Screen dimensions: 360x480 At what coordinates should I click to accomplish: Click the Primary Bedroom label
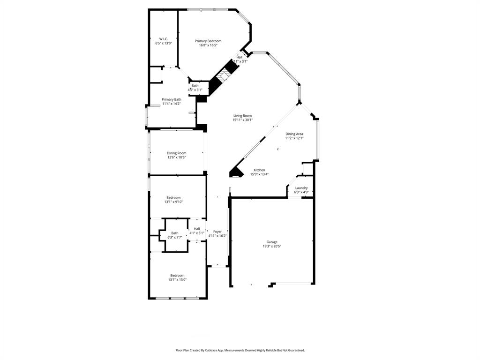pyautogui.click(x=208, y=41)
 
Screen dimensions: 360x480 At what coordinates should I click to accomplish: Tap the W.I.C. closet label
pyautogui.click(x=164, y=39)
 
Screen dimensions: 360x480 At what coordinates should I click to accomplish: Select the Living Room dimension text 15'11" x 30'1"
pyautogui.click(x=242, y=120)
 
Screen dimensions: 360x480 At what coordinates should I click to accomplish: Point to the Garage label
pyautogui.click(x=272, y=242)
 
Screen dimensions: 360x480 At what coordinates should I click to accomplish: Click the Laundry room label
pyautogui.click(x=301, y=187)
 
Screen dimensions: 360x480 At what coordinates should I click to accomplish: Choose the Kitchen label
pyautogui.click(x=259, y=170)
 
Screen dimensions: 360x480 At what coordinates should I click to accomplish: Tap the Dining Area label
pyautogui.click(x=294, y=134)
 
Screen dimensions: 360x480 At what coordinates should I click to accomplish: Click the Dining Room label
pyautogui.click(x=176, y=153)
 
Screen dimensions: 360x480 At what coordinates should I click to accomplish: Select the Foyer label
pyautogui.click(x=217, y=232)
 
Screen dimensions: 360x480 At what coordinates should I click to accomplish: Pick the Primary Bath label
pyautogui.click(x=171, y=99)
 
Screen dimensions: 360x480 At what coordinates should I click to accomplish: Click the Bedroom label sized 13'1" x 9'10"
pyautogui.click(x=173, y=198)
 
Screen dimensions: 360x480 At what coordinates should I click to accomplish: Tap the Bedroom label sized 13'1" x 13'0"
pyautogui.click(x=177, y=276)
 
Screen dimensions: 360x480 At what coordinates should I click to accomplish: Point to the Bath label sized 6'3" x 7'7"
pyautogui.click(x=174, y=233)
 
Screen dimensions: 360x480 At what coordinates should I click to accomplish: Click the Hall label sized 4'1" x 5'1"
pyautogui.click(x=197, y=229)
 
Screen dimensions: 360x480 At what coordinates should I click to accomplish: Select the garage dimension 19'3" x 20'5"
pyautogui.click(x=272, y=246)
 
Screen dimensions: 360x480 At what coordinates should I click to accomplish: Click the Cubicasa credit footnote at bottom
pyautogui.click(x=240, y=350)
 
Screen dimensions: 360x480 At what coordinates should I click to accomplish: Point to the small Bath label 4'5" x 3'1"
pyautogui.click(x=195, y=86)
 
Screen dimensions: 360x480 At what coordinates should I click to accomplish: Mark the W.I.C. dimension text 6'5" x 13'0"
pyautogui.click(x=164, y=43)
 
